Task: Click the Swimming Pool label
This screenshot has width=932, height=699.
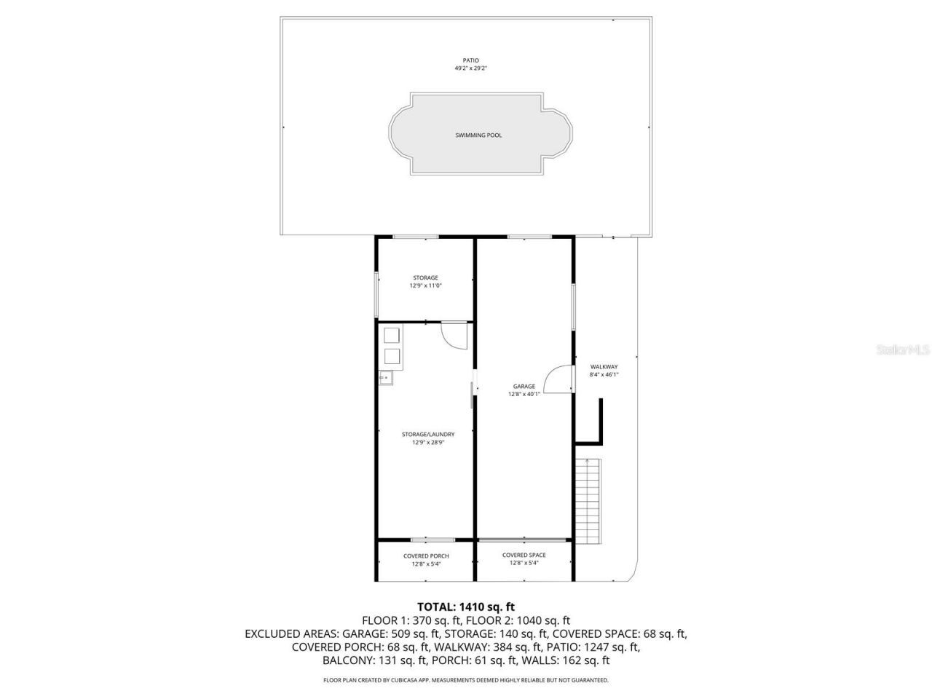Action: pos(478,135)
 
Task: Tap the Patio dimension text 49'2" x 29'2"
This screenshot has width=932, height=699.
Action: pos(471,68)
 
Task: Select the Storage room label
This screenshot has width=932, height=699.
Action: pos(425,277)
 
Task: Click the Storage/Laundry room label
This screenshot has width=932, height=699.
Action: pos(428,434)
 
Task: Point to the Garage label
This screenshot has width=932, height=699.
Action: pos(524,387)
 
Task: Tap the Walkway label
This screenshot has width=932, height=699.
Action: pos(604,367)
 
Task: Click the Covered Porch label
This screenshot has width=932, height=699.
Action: pos(426,556)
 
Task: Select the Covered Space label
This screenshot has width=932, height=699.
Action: pos(524,555)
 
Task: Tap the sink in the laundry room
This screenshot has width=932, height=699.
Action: pos(384,377)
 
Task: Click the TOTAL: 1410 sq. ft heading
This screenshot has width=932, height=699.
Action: pos(466,607)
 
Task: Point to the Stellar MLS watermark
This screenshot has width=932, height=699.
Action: pos(903,350)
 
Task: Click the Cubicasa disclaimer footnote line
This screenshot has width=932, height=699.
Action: pos(466,680)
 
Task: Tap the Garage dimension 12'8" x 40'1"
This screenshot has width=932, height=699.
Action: pos(524,395)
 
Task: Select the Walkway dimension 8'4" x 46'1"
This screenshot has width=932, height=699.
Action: pos(604,375)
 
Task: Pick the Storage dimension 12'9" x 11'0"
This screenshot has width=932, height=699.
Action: pos(425,285)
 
